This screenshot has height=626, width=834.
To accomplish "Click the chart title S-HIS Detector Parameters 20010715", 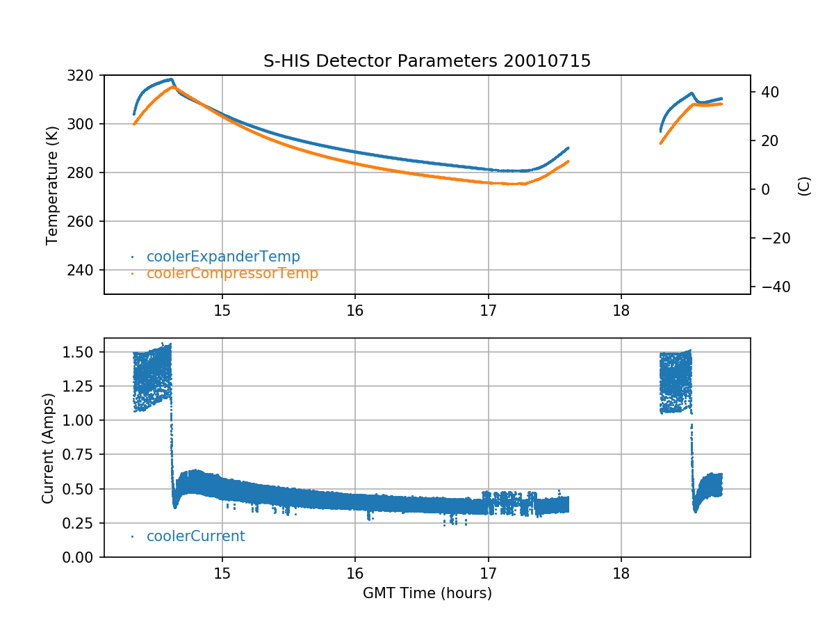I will click(x=427, y=61).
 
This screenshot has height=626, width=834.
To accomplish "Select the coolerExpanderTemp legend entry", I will click(x=222, y=257).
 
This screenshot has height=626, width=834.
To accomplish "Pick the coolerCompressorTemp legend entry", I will click(x=232, y=273).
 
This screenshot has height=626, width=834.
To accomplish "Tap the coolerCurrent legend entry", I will click(x=195, y=536).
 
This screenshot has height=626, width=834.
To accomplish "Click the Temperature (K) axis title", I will click(x=51, y=184).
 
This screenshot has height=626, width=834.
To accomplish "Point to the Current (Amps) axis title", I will click(x=47, y=447).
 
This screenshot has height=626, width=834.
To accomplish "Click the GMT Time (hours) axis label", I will click(x=427, y=593).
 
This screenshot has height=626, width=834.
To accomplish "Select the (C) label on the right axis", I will click(x=804, y=186).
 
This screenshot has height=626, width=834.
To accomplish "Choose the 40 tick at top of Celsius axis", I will click(x=769, y=92).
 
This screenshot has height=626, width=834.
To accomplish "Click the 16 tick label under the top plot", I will click(x=355, y=310).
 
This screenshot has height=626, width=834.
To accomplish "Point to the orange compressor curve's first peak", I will click(x=173, y=88).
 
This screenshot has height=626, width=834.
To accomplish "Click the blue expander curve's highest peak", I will click(x=170, y=79).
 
